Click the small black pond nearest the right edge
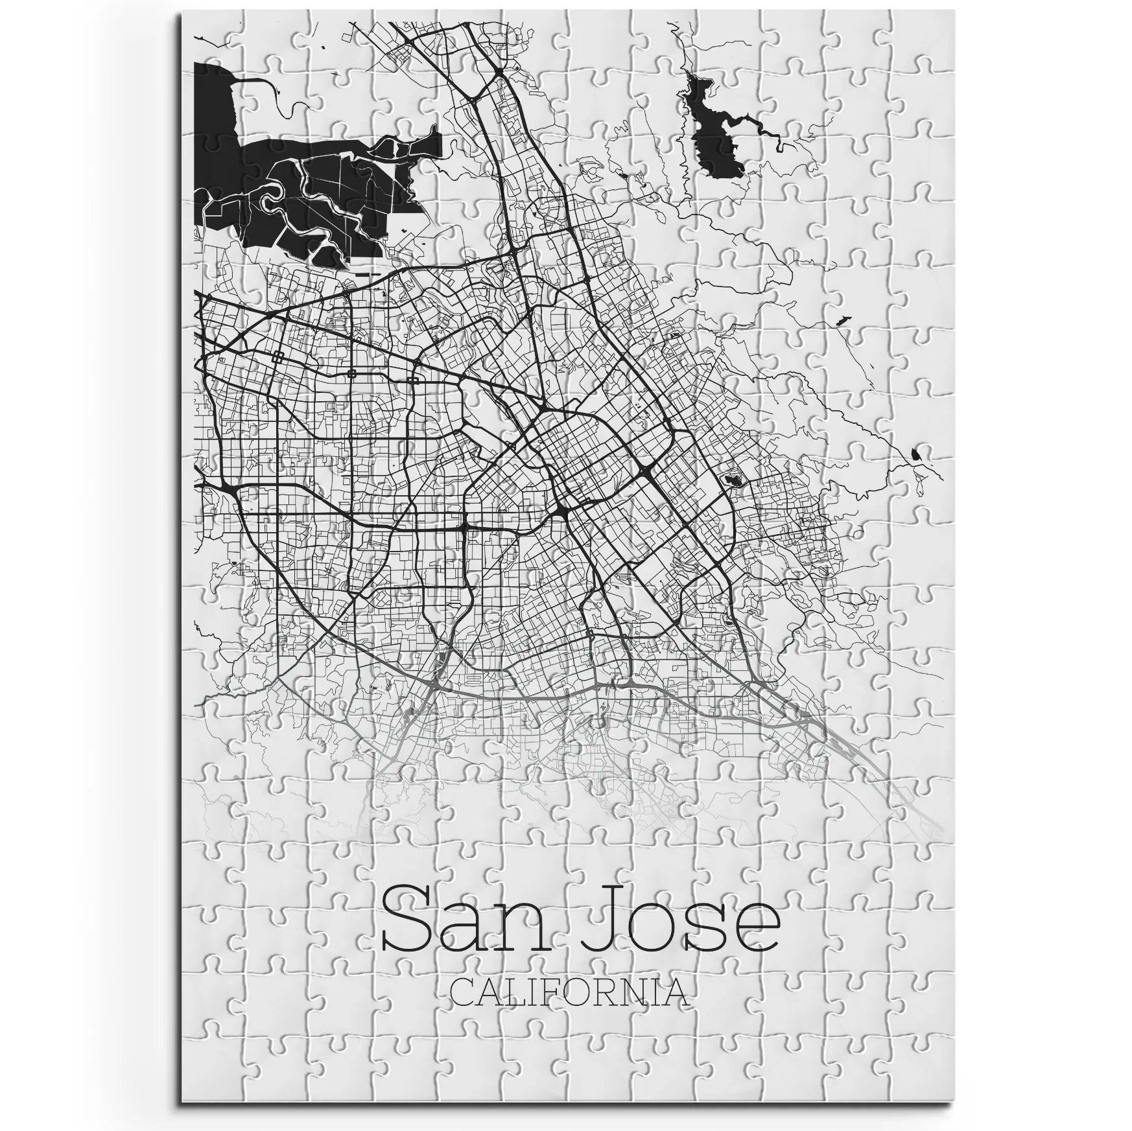(916, 454)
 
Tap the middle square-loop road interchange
(352, 373)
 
